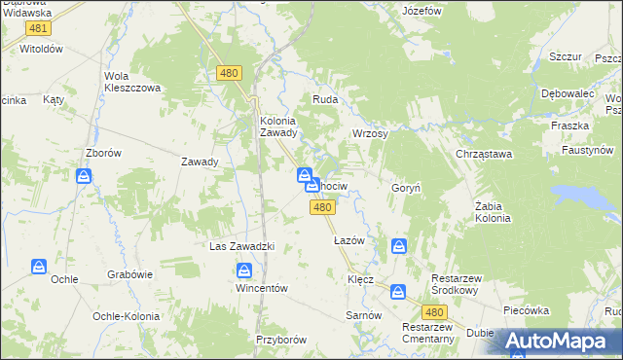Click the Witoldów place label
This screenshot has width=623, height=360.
pyautogui.click(x=41, y=48)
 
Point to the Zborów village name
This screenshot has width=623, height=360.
pyautogui.click(x=103, y=153)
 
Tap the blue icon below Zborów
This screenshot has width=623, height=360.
pyautogui.click(x=84, y=176)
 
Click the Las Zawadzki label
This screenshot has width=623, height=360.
pyautogui.click(x=242, y=246)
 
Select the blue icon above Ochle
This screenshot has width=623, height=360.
pyautogui.click(x=39, y=266)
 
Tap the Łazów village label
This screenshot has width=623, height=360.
pyautogui.click(x=348, y=239)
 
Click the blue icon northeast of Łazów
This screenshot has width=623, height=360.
pyautogui.click(x=399, y=247)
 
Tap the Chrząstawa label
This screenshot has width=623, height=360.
pyautogui.click(x=484, y=154)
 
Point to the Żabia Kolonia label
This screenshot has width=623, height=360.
pyautogui.click(x=493, y=212)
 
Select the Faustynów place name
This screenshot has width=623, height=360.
pyautogui.click(x=587, y=151)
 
